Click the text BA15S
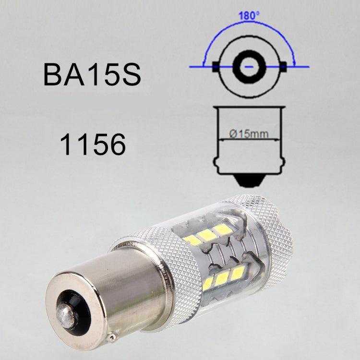92,74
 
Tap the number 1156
93,144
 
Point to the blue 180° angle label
249,15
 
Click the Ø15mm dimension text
249,134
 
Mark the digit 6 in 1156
115,144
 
